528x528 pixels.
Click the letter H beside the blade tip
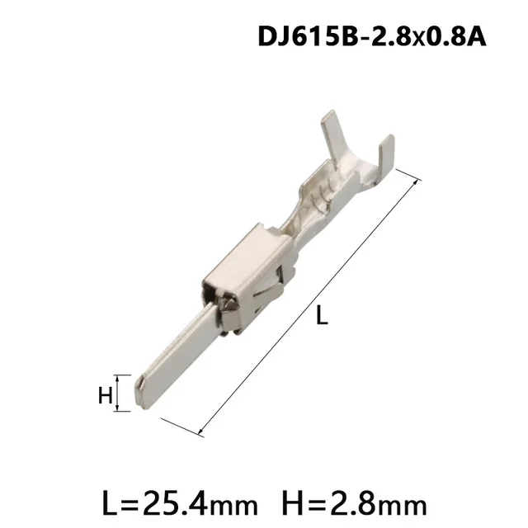tap(105, 395)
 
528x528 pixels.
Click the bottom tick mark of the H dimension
tap(121, 412)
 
